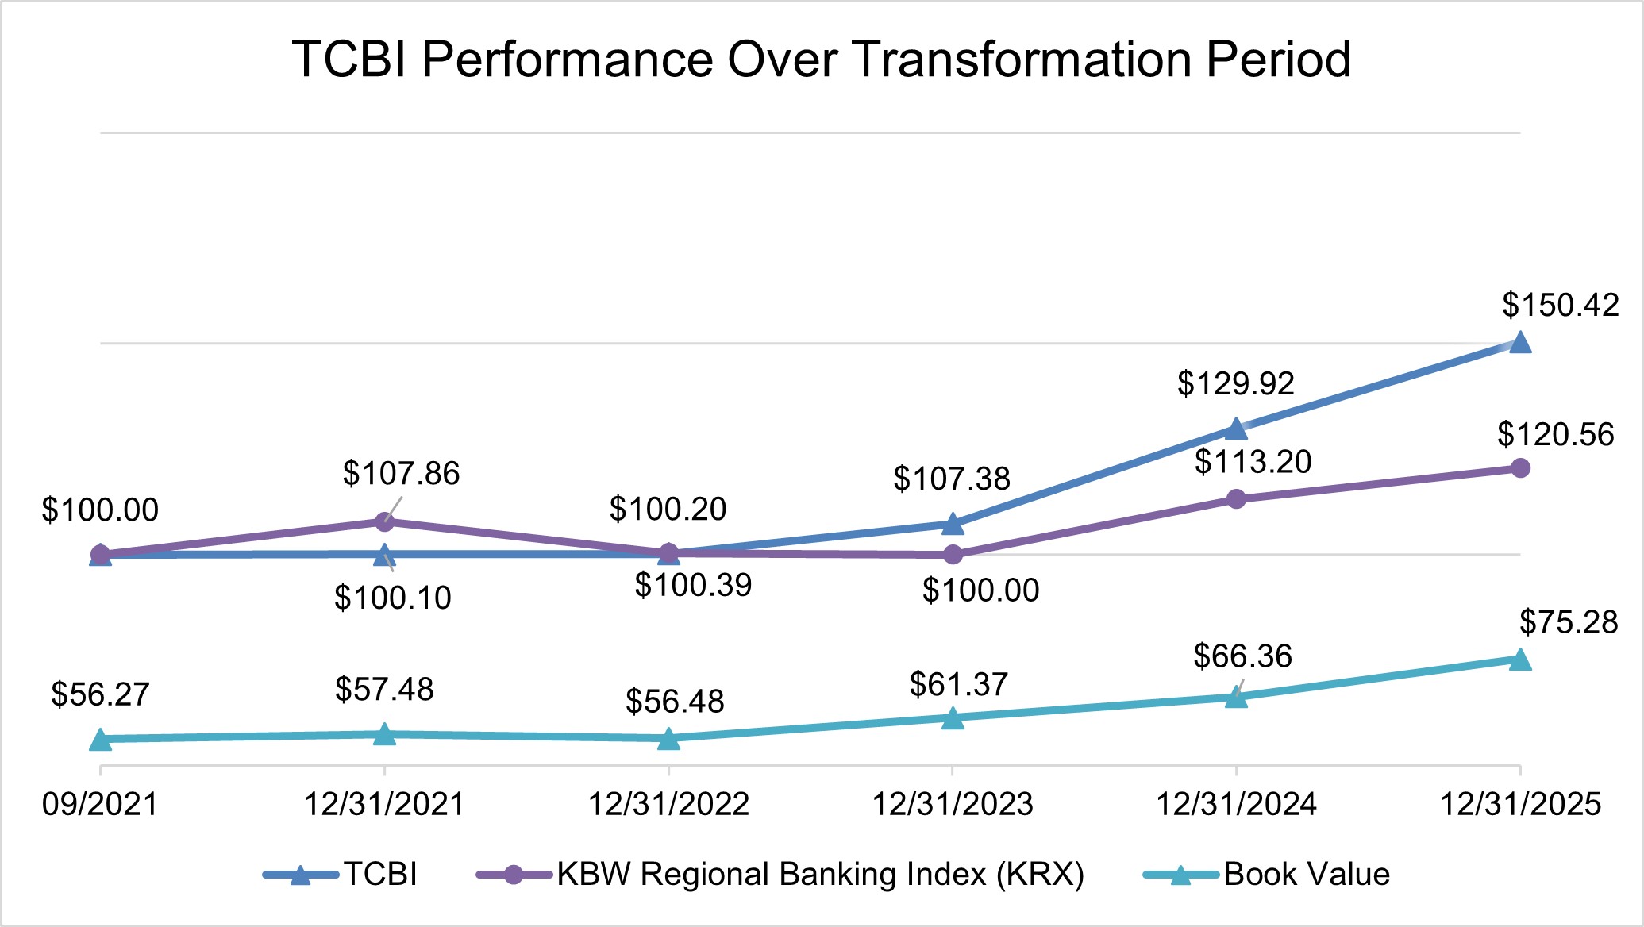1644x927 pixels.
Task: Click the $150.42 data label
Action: coord(1560,306)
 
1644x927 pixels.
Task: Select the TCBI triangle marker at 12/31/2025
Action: coord(1519,343)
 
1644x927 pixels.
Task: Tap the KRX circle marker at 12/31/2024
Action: coord(1236,499)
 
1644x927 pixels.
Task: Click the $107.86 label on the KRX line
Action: coord(401,474)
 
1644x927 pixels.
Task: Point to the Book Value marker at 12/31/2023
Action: coord(953,718)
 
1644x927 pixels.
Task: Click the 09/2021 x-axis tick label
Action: coord(100,804)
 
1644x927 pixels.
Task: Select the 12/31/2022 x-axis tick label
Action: coord(668,804)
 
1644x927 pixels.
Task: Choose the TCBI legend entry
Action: coord(379,874)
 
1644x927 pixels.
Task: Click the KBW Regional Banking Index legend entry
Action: coord(819,874)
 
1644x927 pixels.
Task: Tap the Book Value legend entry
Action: coord(1306,874)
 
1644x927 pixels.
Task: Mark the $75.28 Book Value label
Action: coord(1569,621)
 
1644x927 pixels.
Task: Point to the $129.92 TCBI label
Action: coord(1235,383)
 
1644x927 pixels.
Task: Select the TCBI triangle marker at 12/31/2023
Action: coord(953,524)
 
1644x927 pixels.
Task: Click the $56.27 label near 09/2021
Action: coord(100,694)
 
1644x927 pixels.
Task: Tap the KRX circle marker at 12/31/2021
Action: coord(384,521)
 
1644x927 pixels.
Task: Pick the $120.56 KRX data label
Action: coord(1555,435)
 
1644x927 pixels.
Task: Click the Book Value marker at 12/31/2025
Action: coord(1519,660)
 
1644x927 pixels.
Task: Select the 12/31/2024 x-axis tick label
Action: coord(1236,804)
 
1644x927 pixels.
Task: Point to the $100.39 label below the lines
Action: coord(693,586)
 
